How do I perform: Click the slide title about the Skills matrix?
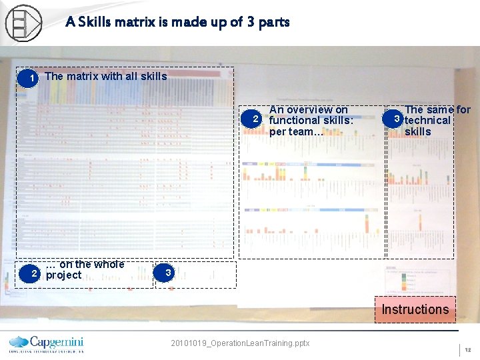177,22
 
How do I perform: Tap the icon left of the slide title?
23,23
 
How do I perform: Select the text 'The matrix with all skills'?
106,76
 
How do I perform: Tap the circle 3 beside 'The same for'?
396,119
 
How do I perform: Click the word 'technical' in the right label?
427,120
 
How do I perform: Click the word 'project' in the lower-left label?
63,275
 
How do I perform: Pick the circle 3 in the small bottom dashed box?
168,273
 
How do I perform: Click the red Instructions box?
415,309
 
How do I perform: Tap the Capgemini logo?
46,343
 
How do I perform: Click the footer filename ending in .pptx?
240,343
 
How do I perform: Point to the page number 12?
467,350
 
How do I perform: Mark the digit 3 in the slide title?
250,22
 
